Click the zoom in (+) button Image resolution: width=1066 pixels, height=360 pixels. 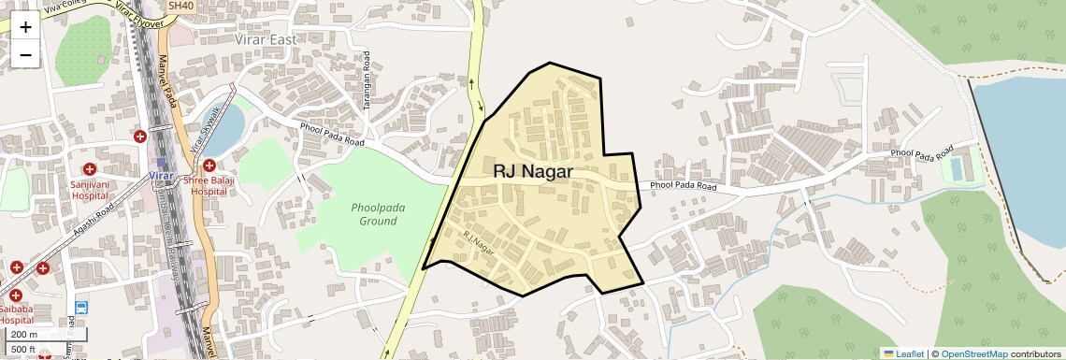25,26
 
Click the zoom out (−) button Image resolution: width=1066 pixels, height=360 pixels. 25,54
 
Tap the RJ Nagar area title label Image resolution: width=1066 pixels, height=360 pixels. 533,172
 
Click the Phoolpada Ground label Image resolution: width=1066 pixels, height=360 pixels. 374,214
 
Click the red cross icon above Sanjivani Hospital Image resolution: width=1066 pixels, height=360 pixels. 90,169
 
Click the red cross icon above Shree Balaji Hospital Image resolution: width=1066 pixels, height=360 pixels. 209,166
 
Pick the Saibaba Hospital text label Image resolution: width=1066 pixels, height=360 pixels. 16,313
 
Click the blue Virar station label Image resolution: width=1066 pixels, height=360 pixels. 162,176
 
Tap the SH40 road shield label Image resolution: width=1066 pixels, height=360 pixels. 180,6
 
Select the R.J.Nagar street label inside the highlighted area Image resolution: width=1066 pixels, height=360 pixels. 478,245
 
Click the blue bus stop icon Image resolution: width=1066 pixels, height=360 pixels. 81,307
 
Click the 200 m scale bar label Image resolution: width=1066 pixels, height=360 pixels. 24,334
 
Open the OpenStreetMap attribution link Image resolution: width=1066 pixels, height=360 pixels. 973,353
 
